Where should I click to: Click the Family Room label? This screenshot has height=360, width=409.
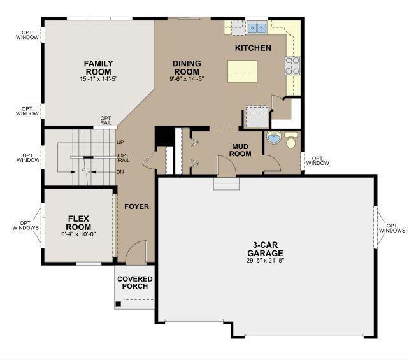coord(98,68)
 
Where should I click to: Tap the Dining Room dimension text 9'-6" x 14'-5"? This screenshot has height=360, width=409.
coord(187,79)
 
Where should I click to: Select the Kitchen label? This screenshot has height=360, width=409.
coord(253,48)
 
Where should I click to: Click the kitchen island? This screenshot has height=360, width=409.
coord(242,71)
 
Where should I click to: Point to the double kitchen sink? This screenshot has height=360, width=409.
coord(257,28)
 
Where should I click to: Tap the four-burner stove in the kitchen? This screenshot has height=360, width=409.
coord(292,66)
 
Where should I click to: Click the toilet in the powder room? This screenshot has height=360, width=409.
coord(291,140)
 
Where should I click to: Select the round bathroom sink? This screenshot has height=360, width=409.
coord(274,137)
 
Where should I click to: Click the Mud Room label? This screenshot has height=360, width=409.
coord(240,150)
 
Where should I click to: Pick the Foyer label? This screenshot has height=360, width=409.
coord(136,206)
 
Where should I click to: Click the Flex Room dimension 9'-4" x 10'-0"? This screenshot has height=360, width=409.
coord(78,234)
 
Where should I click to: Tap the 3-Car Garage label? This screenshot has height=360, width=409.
coord(265,249)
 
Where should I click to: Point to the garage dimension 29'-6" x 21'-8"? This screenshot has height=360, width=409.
coord(265,261)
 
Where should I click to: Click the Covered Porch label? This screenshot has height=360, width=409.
coord(135,282)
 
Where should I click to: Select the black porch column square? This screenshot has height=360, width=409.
coord(118,304)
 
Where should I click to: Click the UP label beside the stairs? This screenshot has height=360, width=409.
coord(120,143)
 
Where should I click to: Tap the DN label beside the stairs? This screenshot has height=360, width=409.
coord(120,172)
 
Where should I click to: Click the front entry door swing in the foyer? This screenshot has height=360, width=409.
coord(136,252)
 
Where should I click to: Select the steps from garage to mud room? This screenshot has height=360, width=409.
coord(226,184)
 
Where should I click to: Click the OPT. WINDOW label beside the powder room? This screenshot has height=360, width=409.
coord(317,161)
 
